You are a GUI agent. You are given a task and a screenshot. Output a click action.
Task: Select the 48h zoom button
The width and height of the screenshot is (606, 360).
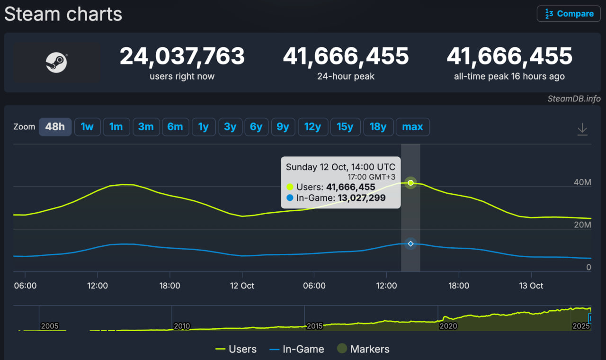tap(55, 127)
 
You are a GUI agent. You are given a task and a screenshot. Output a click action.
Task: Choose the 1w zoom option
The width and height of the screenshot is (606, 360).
tap(88, 127)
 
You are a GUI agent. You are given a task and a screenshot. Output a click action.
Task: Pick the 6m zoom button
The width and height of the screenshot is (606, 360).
tap(175, 127)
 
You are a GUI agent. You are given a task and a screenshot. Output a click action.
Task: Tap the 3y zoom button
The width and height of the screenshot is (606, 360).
tap(230, 127)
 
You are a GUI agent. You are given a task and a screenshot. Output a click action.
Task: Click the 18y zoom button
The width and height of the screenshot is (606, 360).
tap(378, 127)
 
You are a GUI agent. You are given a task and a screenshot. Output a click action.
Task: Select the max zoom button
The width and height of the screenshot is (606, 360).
tap(412, 127)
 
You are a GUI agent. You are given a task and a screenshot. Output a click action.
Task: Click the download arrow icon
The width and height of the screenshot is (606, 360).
tap(582, 129)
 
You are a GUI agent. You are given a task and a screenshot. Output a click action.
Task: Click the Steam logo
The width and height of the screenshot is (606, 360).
tap(56, 63)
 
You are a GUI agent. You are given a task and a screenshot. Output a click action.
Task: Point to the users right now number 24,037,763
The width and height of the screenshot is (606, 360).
tap(182, 56)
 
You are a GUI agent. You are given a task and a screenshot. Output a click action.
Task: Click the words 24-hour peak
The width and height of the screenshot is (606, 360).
tap(346, 76)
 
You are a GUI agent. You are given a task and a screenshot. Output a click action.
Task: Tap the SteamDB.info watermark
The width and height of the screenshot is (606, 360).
tap(574, 99)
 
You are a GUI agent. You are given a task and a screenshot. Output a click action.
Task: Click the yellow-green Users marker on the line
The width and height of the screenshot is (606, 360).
tap(410, 183)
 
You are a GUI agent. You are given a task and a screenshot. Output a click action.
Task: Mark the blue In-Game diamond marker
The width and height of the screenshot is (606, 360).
tap(410, 243)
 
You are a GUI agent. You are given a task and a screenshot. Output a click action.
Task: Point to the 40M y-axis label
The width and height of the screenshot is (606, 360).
tap(582, 182)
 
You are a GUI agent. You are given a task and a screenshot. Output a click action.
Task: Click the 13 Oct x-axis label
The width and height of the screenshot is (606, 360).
tap(531, 286)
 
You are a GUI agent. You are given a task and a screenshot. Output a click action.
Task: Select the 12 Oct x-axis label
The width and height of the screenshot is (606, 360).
tap(242, 286)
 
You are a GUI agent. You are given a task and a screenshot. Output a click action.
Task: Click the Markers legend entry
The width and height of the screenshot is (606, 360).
tap(363, 349)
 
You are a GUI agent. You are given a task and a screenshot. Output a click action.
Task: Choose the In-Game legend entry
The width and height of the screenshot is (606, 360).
tap(297, 349)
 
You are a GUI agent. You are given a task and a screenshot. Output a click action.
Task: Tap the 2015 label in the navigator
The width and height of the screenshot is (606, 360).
tap(315, 326)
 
